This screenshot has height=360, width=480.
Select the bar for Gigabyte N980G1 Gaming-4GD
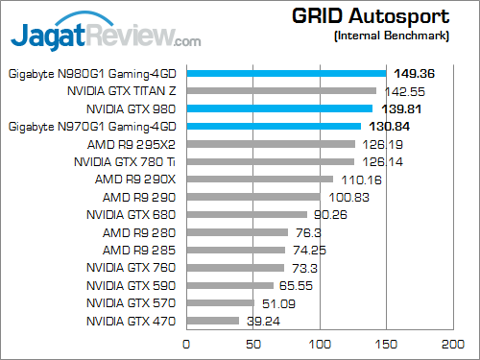(x=286, y=73)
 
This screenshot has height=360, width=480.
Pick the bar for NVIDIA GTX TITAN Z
(x=281, y=91)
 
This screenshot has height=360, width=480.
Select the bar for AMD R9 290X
(x=259, y=180)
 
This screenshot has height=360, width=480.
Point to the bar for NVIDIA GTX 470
(x=212, y=321)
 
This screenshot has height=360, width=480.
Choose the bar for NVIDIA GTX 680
(x=247, y=215)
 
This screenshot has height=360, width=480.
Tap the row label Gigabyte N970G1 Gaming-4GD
(x=92, y=126)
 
